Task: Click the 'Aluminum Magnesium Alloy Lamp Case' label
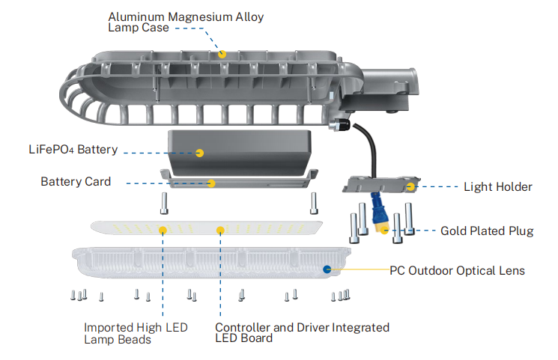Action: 186,22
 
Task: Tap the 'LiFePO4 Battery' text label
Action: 69,150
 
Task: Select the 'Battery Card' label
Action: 76,182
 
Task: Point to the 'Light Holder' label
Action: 497,186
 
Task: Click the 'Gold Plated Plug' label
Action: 487,231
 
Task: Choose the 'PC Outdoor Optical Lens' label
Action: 458,270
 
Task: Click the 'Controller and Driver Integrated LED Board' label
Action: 302,333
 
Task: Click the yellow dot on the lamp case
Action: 222,53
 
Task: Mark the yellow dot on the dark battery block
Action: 200,153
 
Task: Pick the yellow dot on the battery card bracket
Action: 211,183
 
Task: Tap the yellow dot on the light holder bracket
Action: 410,185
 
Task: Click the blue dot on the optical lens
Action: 327,268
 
